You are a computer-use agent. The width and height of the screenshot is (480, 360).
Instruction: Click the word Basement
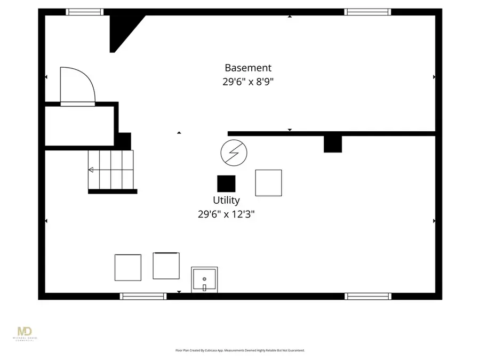click(247, 68)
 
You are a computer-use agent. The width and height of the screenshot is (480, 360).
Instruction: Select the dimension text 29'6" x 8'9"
click(247, 82)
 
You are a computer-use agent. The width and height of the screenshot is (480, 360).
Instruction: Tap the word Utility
click(226, 200)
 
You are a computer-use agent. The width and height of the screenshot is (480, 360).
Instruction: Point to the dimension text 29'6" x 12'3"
click(226, 214)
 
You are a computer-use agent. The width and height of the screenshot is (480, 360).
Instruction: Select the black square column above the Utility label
click(226, 183)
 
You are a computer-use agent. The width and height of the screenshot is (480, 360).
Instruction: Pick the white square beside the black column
click(268, 183)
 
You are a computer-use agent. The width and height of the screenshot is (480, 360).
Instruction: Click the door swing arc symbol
click(77, 85)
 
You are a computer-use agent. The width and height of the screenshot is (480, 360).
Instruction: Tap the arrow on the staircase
click(91, 170)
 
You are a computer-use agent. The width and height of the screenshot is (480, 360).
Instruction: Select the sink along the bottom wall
click(204, 280)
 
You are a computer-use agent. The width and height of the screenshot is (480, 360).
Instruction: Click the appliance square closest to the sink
click(166, 266)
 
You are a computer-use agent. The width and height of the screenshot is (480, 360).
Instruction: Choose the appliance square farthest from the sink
click(128, 267)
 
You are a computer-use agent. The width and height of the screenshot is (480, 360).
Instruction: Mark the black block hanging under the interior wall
click(333, 144)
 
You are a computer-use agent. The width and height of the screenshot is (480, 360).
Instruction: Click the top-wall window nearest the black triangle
click(85, 12)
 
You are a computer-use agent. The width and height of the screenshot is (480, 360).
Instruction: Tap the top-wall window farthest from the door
click(367, 12)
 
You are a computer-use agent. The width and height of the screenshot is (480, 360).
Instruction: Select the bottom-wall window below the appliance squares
click(143, 296)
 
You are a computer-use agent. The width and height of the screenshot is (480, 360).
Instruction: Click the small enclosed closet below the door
click(79, 125)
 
